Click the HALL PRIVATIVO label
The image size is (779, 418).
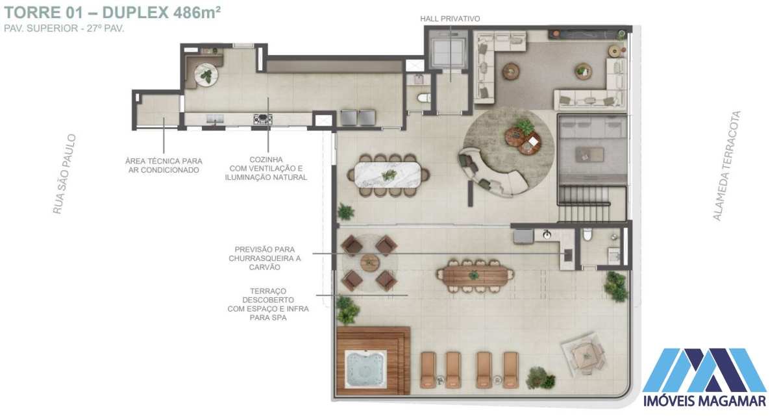click(450, 19)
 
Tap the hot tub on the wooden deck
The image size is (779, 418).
click(365, 369)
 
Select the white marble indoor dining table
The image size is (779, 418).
click(389, 175)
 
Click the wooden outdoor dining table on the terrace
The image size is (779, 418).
click(475, 276)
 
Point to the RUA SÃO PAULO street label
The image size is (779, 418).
click(64, 174)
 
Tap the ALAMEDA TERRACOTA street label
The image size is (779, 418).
click(727, 166)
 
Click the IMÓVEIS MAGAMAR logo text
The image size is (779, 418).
click(704, 401)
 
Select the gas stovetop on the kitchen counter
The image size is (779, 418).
click(263, 119)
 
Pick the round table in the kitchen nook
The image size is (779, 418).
click(206, 75)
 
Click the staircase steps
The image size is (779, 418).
click(584, 203)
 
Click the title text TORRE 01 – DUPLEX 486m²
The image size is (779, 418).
click(112, 12)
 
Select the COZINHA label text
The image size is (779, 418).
click(266, 160)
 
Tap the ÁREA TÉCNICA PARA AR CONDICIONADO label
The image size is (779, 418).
click(164, 166)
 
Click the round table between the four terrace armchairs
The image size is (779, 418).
click(369, 262)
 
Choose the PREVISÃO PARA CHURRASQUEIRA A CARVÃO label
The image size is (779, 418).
click(265, 258)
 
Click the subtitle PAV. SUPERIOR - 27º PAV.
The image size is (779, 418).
click(64, 29)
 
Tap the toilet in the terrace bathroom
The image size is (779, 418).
click(587, 234)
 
